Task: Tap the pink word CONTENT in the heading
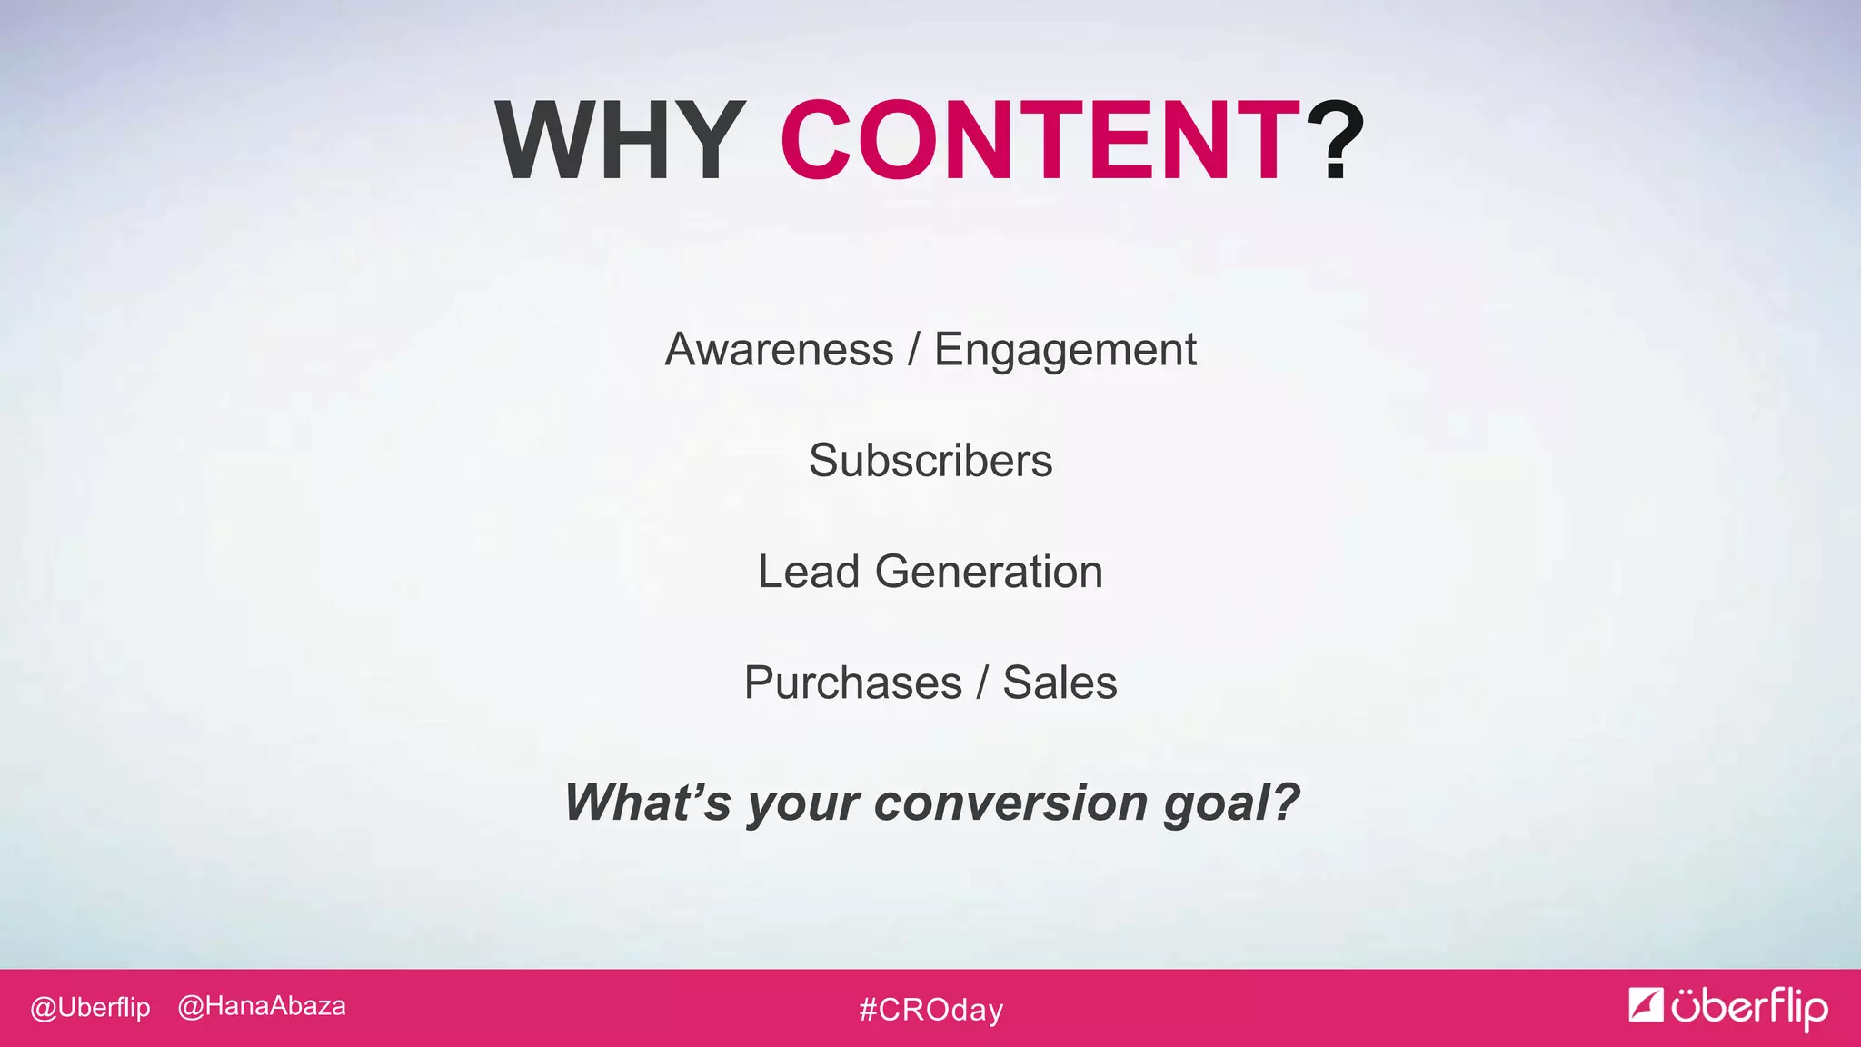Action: click(x=1040, y=141)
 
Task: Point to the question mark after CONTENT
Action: click(x=1335, y=141)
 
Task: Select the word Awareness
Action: click(x=779, y=350)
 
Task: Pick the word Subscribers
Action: click(x=930, y=461)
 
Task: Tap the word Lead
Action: click(x=809, y=572)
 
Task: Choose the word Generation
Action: click(x=989, y=573)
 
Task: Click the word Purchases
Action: click(x=852, y=683)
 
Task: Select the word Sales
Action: click(x=1060, y=683)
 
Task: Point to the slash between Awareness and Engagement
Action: click(x=913, y=350)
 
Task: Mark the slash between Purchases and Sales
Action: click(x=982, y=683)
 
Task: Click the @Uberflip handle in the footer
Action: click(x=90, y=1008)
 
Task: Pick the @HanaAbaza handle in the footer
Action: click(x=262, y=1007)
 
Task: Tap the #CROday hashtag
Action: click(x=930, y=1010)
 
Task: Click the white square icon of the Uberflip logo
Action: click(x=1645, y=1004)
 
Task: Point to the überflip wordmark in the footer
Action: click(x=1749, y=1007)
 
